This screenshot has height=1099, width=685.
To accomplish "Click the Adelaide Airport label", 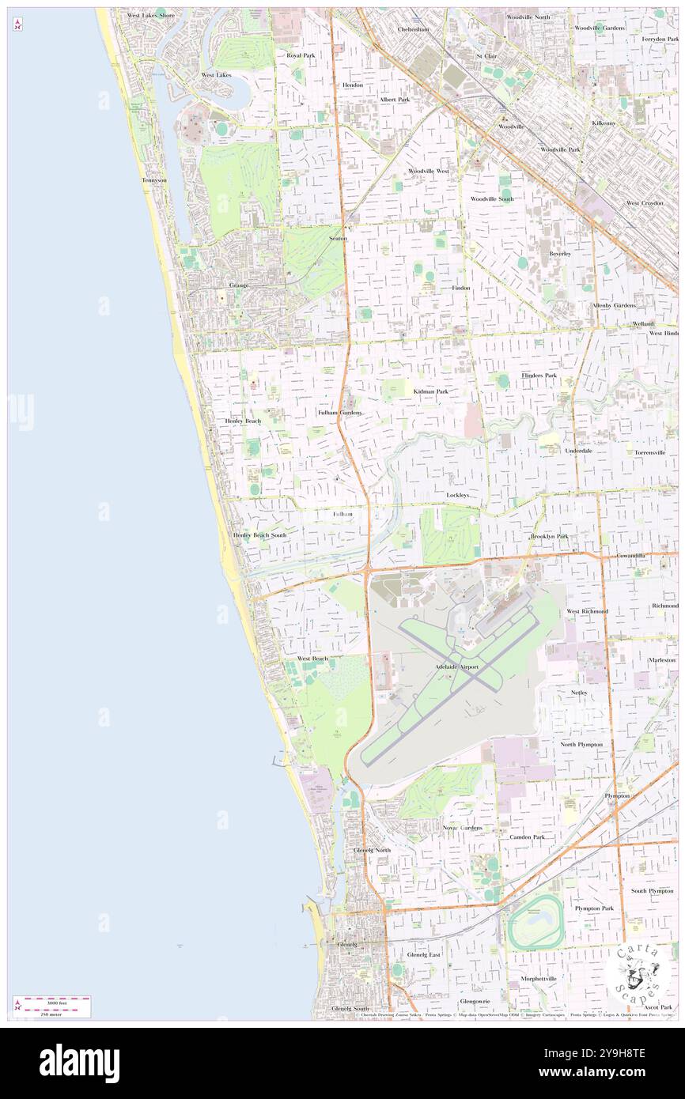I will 458,667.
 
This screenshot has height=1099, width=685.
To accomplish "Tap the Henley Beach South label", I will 259,535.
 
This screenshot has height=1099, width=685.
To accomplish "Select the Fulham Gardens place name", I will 340,413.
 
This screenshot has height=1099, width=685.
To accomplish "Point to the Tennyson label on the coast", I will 154,180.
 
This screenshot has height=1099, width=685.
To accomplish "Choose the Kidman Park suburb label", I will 430,391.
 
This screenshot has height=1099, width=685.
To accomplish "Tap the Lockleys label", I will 457,495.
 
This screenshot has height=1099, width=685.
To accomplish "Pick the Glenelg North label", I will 372,850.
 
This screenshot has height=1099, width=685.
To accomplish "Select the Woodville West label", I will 429,171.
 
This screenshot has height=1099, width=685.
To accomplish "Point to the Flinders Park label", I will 539,375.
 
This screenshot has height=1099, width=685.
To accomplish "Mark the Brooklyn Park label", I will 550,536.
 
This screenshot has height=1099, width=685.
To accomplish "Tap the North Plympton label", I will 581,744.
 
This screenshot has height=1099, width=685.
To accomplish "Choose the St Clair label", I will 486,56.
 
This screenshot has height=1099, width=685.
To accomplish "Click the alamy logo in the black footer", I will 79,1062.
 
